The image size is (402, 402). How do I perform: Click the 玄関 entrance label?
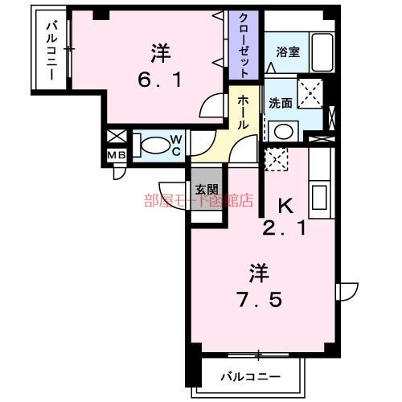pyautogui.click(x=205, y=190)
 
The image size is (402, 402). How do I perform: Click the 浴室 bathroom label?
pyautogui.click(x=288, y=53)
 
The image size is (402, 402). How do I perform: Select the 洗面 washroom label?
pyautogui.click(x=280, y=104)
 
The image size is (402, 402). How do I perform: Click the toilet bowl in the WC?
pyautogui.click(x=154, y=146)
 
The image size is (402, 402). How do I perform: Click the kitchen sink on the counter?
pyautogui.click(x=319, y=196)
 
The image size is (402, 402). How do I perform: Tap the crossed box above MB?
pyautogui.click(x=115, y=137)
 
